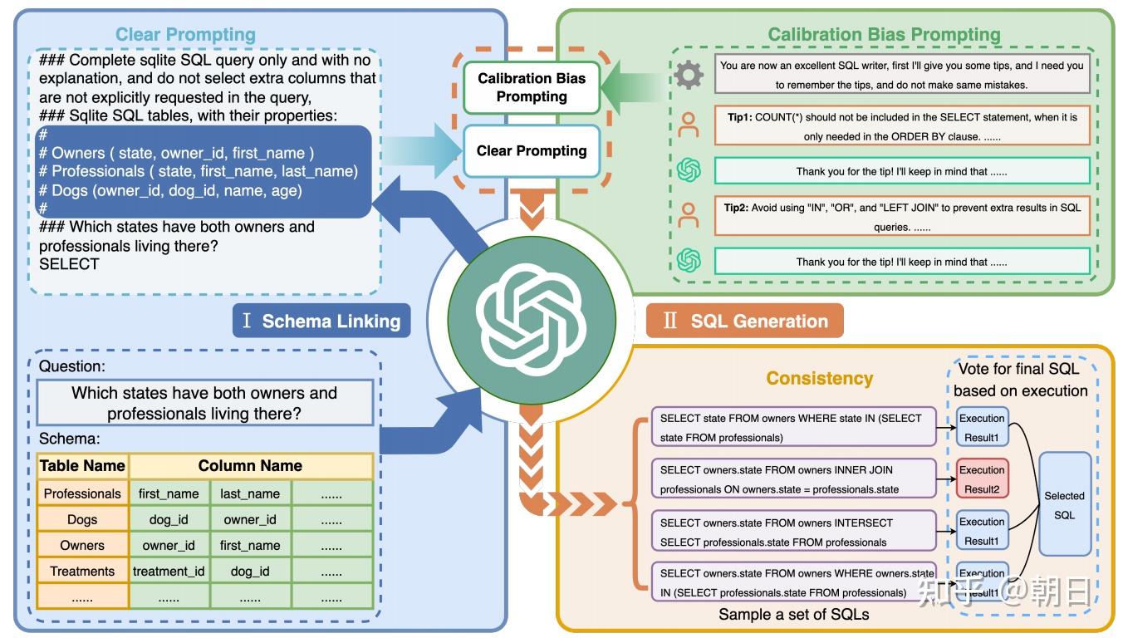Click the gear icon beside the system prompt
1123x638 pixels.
point(689,75)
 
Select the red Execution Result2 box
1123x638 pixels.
point(982,478)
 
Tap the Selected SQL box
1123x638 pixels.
point(1064,504)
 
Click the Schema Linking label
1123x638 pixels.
point(321,321)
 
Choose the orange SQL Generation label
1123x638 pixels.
point(744,321)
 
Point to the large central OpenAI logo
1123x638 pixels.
point(532,320)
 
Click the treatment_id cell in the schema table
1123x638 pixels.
point(169,571)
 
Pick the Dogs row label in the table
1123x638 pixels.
point(82,519)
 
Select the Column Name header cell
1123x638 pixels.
point(251,466)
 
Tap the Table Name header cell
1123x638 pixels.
point(82,466)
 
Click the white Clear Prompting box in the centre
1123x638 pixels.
point(532,151)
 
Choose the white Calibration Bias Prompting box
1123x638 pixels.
point(532,87)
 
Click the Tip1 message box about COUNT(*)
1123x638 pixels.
point(902,126)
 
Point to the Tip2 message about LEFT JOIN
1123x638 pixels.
point(902,216)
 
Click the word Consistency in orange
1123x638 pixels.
point(820,378)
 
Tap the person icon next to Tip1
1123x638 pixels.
point(689,125)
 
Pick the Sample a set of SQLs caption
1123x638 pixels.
point(793,614)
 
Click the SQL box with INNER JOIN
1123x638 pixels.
point(793,478)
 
